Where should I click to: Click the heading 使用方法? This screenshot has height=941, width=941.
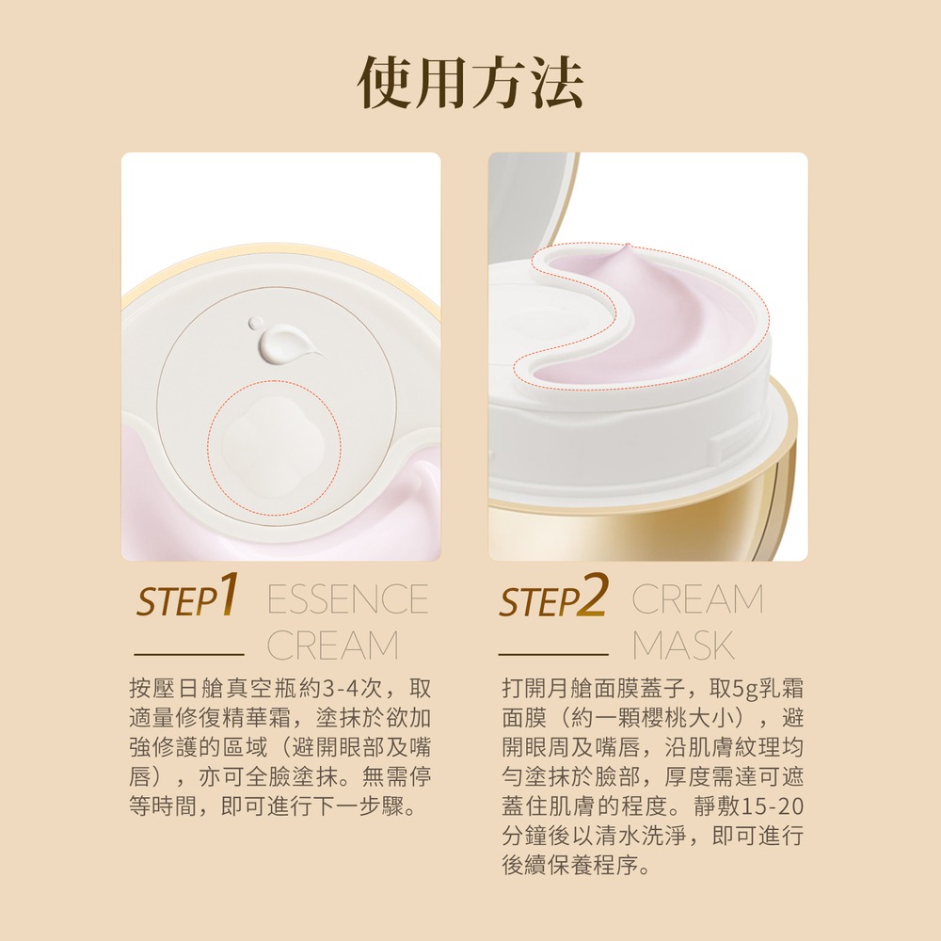[x=470, y=83]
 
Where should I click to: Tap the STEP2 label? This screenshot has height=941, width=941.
[x=553, y=598]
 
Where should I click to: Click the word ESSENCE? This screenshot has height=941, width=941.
[x=347, y=599]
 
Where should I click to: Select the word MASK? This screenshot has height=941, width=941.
[x=683, y=646]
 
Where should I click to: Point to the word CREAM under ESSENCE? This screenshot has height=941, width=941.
[x=332, y=646]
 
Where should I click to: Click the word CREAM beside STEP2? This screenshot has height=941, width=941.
[x=697, y=599]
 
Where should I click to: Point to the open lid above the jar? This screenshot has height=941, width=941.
[x=532, y=202]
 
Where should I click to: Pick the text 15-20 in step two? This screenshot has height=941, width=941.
[x=774, y=807]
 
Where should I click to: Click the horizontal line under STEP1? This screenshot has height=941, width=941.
[x=188, y=652]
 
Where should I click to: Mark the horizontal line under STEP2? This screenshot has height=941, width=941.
[x=553, y=652]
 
